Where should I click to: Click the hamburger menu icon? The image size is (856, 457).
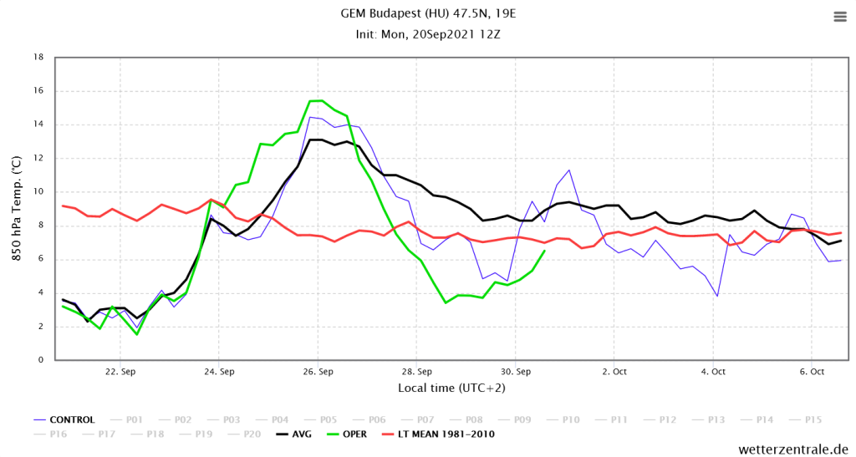(x=839, y=17)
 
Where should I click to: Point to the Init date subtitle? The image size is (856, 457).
(x=428, y=34)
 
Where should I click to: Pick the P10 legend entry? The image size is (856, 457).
(x=571, y=419)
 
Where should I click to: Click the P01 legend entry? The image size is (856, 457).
(x=135, y=419)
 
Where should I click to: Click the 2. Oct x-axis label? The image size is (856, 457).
(x=614, y=371)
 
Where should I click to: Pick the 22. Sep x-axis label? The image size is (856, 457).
(x=120, y=371)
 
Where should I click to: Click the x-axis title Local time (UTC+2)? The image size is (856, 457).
(x=451, y=388)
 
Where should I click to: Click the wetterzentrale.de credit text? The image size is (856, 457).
(x=793, y=449)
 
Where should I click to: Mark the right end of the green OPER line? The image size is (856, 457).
(x=544, y=251)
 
